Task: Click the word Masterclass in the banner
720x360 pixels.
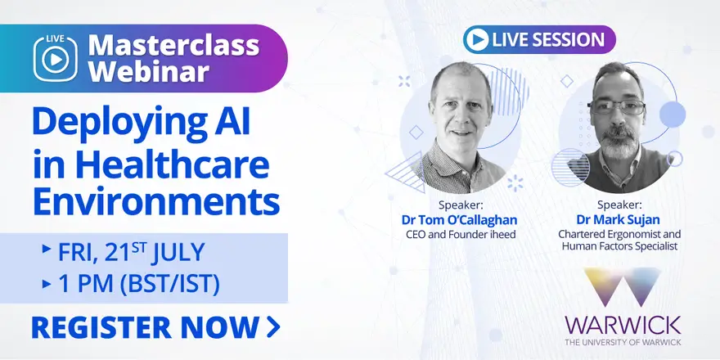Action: [173, 46]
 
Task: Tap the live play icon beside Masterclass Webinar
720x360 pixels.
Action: [55, 58]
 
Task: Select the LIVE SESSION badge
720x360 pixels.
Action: [539, 39]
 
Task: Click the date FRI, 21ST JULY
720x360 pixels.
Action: [130, 252]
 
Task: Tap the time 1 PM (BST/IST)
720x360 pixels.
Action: [138, 284]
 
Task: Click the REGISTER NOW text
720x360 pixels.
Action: [145, 327]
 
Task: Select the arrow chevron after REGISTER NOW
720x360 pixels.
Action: [272, 327]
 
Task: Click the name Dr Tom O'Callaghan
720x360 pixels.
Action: [459, 220]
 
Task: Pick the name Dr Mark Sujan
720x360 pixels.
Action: [618, 220]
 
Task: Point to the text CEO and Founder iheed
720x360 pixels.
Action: [461, 234]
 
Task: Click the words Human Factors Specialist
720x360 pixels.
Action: [619, 246]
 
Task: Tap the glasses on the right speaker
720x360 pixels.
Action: [618, 107]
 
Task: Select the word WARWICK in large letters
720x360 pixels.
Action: [623, 325]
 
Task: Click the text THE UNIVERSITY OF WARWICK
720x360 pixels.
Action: [623, 342]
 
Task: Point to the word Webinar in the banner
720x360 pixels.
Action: [149, 71]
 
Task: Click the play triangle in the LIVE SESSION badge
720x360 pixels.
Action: [478, 39]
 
